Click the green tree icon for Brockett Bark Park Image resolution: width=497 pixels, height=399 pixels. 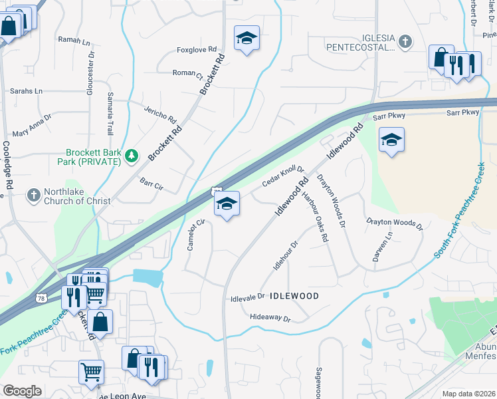132,156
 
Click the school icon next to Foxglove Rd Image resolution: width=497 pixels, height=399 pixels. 247,39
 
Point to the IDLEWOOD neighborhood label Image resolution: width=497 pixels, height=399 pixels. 295,295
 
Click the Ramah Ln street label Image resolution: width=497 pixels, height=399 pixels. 74,41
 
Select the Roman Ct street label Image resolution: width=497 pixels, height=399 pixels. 187,73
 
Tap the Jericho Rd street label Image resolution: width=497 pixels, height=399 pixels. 162,113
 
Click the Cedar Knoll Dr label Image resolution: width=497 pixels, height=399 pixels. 282,176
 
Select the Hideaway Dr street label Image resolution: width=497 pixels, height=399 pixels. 270,319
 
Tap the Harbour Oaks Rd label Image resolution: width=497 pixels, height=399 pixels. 316,217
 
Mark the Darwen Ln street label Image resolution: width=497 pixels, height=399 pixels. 378,246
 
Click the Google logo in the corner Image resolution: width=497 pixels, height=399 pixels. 22,391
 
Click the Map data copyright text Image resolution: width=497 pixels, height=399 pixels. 468,394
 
